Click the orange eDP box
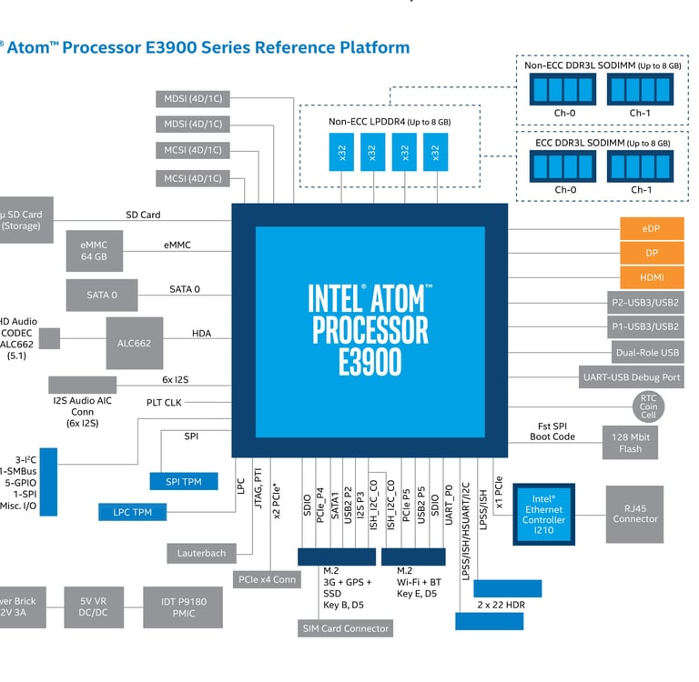coord(650,228)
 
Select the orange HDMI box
coord(650,277)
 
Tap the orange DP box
coord(650,253)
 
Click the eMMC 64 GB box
coord(94,251)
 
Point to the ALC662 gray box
coord(134,343)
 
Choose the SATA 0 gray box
coord(102,295)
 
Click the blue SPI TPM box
coord(183,480)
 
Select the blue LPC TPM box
coord(132,513)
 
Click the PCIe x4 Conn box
coord(268,578)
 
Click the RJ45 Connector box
coord(635,513)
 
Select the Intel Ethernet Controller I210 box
coord(543,513)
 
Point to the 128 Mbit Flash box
coord(631,442)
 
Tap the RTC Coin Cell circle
coord(648,405)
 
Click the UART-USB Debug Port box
coord(631,376)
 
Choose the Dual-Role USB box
coord(645,352)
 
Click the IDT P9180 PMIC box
coord(182,607)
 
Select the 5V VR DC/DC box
coord(94,607)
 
